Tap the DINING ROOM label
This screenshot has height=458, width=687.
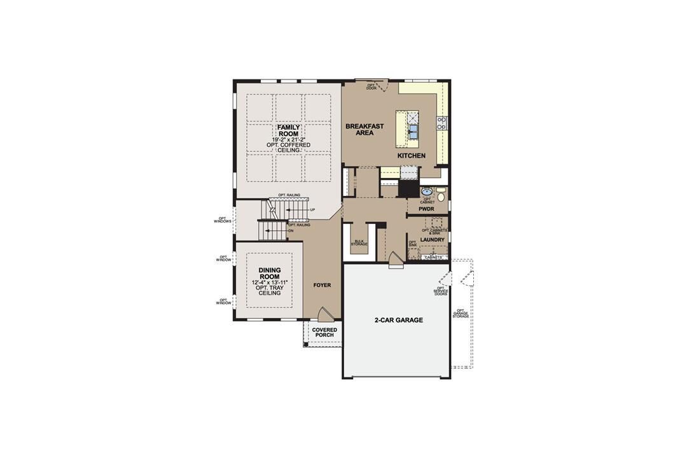point(270,274)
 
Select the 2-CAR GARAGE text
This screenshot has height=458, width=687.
point(399,320)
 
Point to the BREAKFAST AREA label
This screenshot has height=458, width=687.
point(364,130)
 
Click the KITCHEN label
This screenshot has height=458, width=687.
point(412,156)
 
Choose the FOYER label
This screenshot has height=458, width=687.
point(323,285)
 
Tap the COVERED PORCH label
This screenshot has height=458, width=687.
point(324,332)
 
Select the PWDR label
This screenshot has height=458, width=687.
point(426,208)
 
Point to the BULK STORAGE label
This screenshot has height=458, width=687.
point(359,243)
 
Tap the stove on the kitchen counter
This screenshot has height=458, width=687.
point(441,123)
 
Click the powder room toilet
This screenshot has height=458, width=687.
point(441,197)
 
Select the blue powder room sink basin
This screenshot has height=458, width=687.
point(427,191)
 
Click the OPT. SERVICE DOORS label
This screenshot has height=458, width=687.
point(441,291)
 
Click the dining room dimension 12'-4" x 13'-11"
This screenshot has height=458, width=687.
point(270,282)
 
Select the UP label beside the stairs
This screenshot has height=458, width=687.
point(312,209)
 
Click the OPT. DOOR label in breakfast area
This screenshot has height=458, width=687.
point(371,87)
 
